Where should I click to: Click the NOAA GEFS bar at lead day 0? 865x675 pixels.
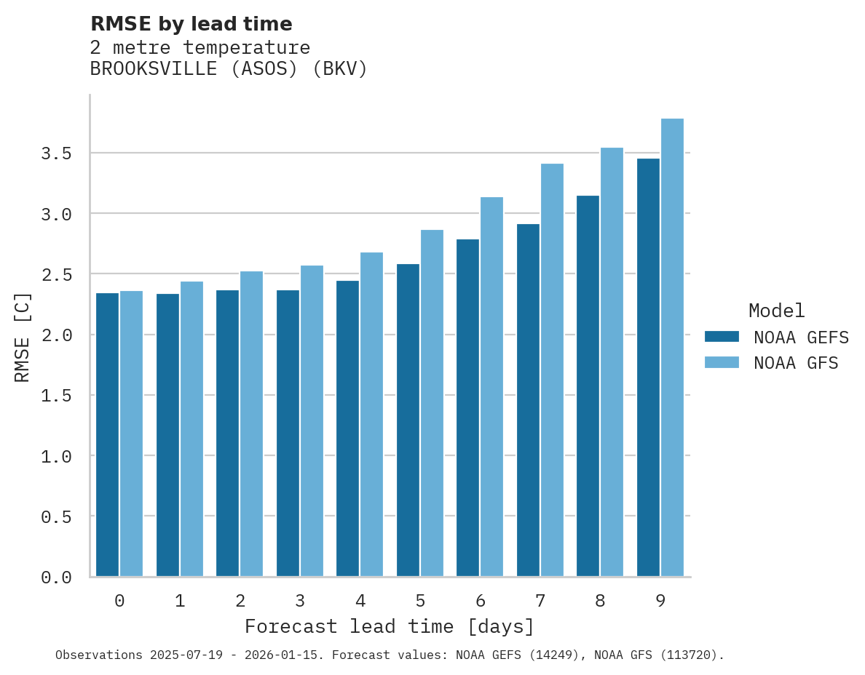click(x=107, y=435)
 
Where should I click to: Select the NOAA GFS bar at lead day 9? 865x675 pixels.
click(x=672, y=348)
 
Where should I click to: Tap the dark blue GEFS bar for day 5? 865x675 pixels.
click(x=408, y=420)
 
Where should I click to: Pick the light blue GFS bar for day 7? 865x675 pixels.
click(x=552, y=370)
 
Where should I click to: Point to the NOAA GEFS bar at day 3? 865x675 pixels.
click(x=288, y=434)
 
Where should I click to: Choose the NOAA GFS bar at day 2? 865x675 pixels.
click(x=251, y=424)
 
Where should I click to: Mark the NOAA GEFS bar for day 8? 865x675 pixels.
click(x=588, y=386)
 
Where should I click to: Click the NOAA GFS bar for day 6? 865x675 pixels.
click(x=491, y=387)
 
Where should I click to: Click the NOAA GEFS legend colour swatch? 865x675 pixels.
click(x=722, y=337)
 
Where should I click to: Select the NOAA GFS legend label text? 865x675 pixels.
click(x=796, y=363)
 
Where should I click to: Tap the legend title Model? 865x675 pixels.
click(x=776, y=311)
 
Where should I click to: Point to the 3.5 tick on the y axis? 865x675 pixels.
click(x=56, y=153)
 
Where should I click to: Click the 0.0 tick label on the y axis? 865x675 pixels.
click(x=56, y=578)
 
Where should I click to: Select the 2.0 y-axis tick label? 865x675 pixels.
click(x=56, y=335)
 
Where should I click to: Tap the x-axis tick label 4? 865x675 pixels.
click(x=360, y=601)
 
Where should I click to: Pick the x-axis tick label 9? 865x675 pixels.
click(x=660, y=601)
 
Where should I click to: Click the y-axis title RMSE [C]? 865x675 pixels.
click(x=23, y=336)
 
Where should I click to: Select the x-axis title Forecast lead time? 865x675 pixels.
click(x=389, y=626)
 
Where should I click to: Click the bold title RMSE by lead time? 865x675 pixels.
click(x=191, y=24)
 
